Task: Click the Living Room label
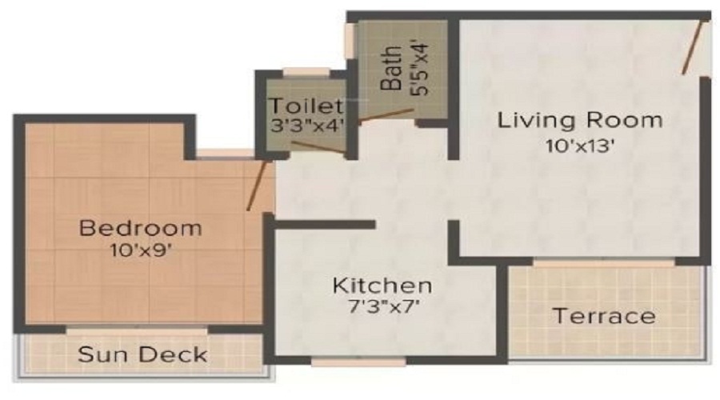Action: click(x=580, y=121)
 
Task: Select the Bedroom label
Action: click(x=140, y=228)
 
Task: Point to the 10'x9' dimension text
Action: click(x=140, y=250)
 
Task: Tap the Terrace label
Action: click(x=604, y=315)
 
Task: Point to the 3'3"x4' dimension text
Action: click(x=306, y=125)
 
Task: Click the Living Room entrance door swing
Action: click(x=693, y=48)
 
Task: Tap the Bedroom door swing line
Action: click(x=258, y=185)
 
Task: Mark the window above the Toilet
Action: click(x=306, y=71)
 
